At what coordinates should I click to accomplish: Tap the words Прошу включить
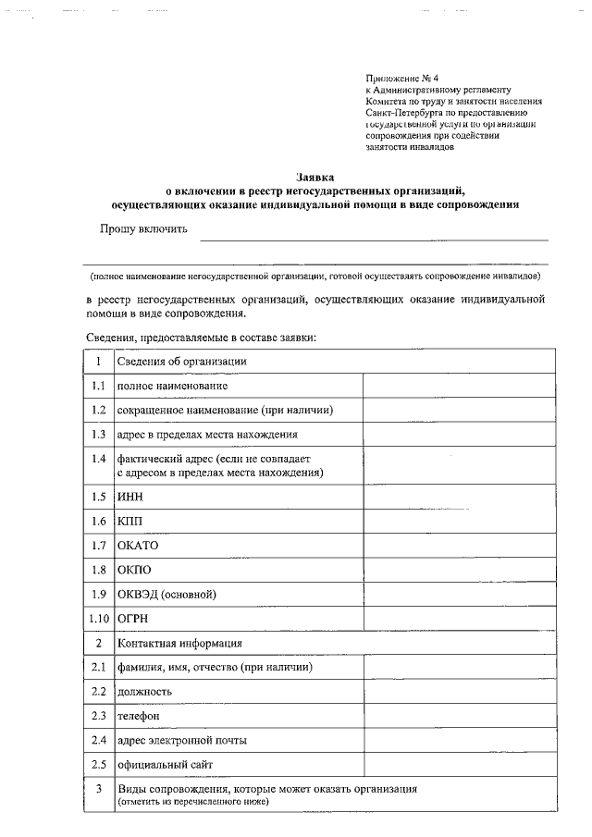click(144, 228)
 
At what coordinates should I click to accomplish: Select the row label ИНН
click(129, 497)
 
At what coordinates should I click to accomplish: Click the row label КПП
click(129, 522)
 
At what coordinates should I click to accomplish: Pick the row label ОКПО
click(133, 570)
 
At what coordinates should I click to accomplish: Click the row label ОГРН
click(133, 618)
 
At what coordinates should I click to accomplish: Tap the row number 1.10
click(98, 618)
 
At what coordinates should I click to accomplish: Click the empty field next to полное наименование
click(458, 385)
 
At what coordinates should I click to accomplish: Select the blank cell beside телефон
click(458, 716)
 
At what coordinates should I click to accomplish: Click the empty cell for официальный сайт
click(458, 765)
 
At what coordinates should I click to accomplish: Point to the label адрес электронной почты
click(181, 740)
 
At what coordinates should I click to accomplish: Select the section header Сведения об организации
click(181, 361)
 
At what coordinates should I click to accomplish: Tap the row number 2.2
click(98, 691)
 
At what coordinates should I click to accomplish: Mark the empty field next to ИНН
click(458, 497)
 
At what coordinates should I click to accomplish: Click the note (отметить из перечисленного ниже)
click(192, 801)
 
